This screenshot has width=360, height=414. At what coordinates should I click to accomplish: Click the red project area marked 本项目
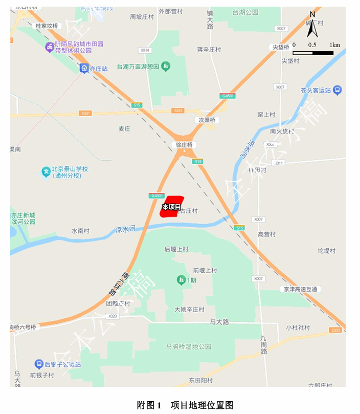point(172,206)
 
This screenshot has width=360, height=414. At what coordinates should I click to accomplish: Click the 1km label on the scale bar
point(335,45)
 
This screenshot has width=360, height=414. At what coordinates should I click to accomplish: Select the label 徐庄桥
point(184,145)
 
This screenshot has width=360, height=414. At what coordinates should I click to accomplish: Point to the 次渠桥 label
point(207,120)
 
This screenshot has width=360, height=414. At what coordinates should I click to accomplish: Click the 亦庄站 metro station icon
point(83,68)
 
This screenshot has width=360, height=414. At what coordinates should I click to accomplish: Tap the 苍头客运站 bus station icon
point(337,90)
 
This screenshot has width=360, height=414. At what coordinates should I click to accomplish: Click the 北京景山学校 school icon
point(46,172)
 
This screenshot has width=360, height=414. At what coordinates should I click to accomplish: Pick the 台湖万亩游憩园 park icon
point(166,67)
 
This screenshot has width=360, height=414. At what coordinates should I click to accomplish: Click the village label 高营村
point(267,234)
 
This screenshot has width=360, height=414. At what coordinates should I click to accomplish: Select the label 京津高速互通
point(301,289)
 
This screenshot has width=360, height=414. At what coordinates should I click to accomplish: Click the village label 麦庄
point(125,129)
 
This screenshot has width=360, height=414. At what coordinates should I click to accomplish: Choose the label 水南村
point(80,231)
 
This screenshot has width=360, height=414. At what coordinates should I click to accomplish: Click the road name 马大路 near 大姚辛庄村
point(219,322)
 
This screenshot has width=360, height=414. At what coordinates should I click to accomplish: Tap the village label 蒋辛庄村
point(209,50)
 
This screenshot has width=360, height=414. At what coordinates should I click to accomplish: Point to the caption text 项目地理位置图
point(201,405)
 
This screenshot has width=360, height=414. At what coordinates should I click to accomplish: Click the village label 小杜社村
point(298,328)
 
